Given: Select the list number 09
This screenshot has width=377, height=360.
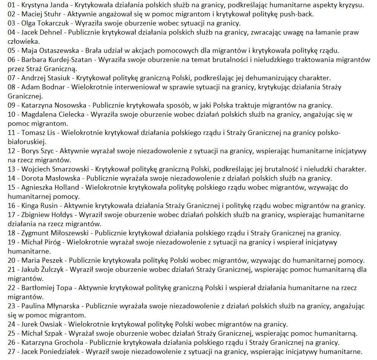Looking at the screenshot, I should click(11, 105).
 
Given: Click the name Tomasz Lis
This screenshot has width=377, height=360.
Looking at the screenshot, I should click(38, 133).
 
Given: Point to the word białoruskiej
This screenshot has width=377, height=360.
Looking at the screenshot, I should click(26, 142).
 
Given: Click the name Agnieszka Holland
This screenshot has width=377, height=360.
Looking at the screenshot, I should click(50, 187).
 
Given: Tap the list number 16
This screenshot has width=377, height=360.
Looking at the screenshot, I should click(11, 205).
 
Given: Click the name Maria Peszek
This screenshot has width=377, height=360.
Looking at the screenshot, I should click(42, 260).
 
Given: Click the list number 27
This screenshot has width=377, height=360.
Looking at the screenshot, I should click(11, 351).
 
